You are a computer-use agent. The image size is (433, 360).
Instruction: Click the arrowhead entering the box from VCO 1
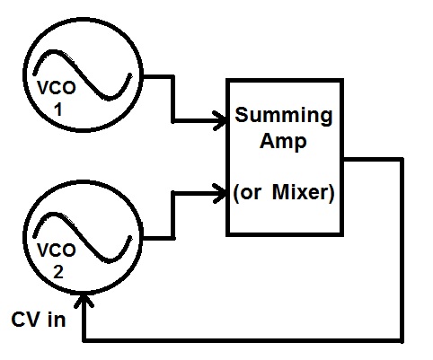217,118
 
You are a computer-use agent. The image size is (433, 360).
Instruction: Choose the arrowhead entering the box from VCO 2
217,190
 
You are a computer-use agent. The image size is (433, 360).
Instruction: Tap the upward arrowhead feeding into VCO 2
84,297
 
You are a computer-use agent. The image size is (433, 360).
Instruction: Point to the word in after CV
55,319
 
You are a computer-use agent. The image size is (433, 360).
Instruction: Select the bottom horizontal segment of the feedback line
243,340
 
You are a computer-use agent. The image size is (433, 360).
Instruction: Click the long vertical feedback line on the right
399,251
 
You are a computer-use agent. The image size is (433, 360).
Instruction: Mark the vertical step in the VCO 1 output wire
172,97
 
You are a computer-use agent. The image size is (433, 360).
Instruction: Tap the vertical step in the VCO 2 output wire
172,214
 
